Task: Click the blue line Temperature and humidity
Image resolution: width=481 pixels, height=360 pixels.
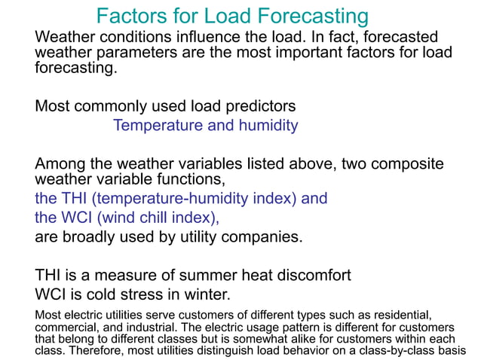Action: pyautogui.click(x=205, y=125)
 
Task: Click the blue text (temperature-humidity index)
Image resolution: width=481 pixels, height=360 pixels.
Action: pyautogui.click(x=183, y=199)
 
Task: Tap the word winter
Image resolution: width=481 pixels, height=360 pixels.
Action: pyautogui.click(x=204, y=294)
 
